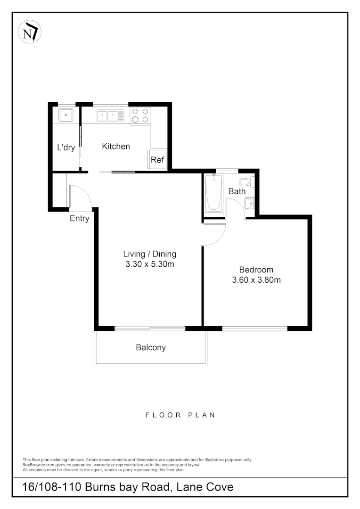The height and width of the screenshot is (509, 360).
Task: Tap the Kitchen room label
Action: pos(116,147)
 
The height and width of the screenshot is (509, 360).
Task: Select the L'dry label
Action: pos(66,148)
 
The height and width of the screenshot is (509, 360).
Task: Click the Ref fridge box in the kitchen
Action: pos(157,160)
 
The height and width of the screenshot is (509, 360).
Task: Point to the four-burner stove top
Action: pos(140,116)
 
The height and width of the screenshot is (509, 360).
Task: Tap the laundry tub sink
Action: pos(65,114)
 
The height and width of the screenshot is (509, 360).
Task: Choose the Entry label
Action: pos(79,219)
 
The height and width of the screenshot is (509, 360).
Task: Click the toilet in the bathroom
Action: pos(245,182)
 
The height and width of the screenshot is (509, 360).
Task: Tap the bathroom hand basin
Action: pos(249,203)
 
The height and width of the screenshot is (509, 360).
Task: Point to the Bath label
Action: pos(237,191)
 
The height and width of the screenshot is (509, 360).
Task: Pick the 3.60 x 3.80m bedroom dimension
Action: pos(256,280)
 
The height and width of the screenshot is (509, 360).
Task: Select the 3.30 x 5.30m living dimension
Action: pos(150,264)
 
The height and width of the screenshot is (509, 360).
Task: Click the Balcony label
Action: pos(151,348)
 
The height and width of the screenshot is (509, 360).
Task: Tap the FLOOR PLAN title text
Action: pos(180,415)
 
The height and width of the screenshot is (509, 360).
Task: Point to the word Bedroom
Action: pos(256,270)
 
